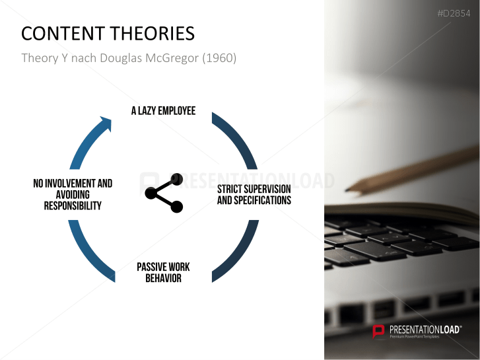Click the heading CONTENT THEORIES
coord(108,34)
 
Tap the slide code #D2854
coord(454,14)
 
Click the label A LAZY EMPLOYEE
coord(163,111)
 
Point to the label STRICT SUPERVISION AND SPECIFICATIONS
coord(254,195)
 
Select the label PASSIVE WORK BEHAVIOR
coord(163,272)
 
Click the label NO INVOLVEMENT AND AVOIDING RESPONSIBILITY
coord(73,194)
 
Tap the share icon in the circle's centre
coord(164,194)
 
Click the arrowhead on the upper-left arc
coord(104,124)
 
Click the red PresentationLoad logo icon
coord(379,331)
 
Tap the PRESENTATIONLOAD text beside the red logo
coord(423,328)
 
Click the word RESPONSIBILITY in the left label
coord(73,205)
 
